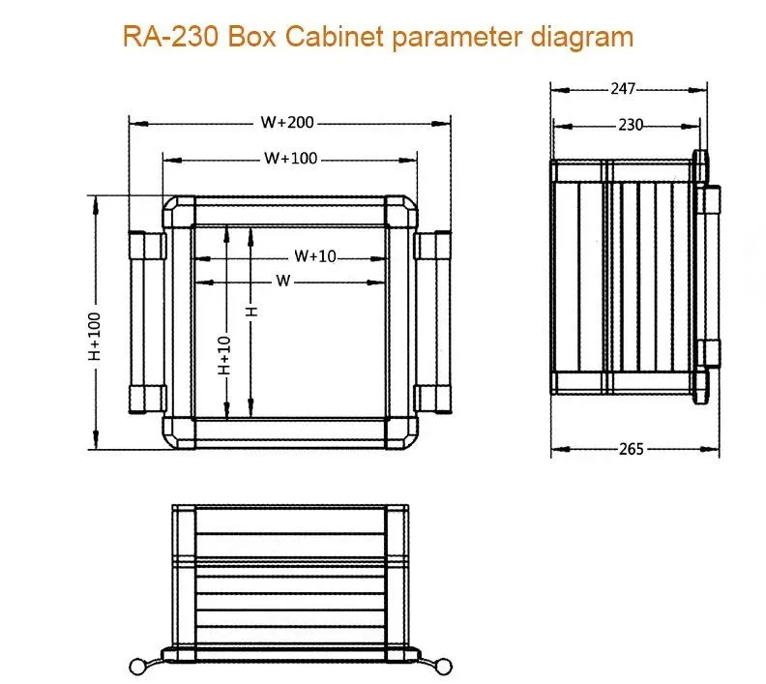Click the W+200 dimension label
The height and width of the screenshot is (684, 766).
point(288,123)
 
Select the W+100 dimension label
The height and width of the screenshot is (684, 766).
point(290,159)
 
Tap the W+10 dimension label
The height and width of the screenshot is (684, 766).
point(315,256)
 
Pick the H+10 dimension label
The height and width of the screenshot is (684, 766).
point(224,354)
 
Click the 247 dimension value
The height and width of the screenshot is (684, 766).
point(623,89)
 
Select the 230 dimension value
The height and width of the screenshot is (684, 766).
point(631,125)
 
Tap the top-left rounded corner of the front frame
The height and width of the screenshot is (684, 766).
point(178,212)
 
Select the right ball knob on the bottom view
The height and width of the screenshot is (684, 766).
point(444,665)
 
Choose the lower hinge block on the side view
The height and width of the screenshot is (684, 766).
point(711,352)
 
